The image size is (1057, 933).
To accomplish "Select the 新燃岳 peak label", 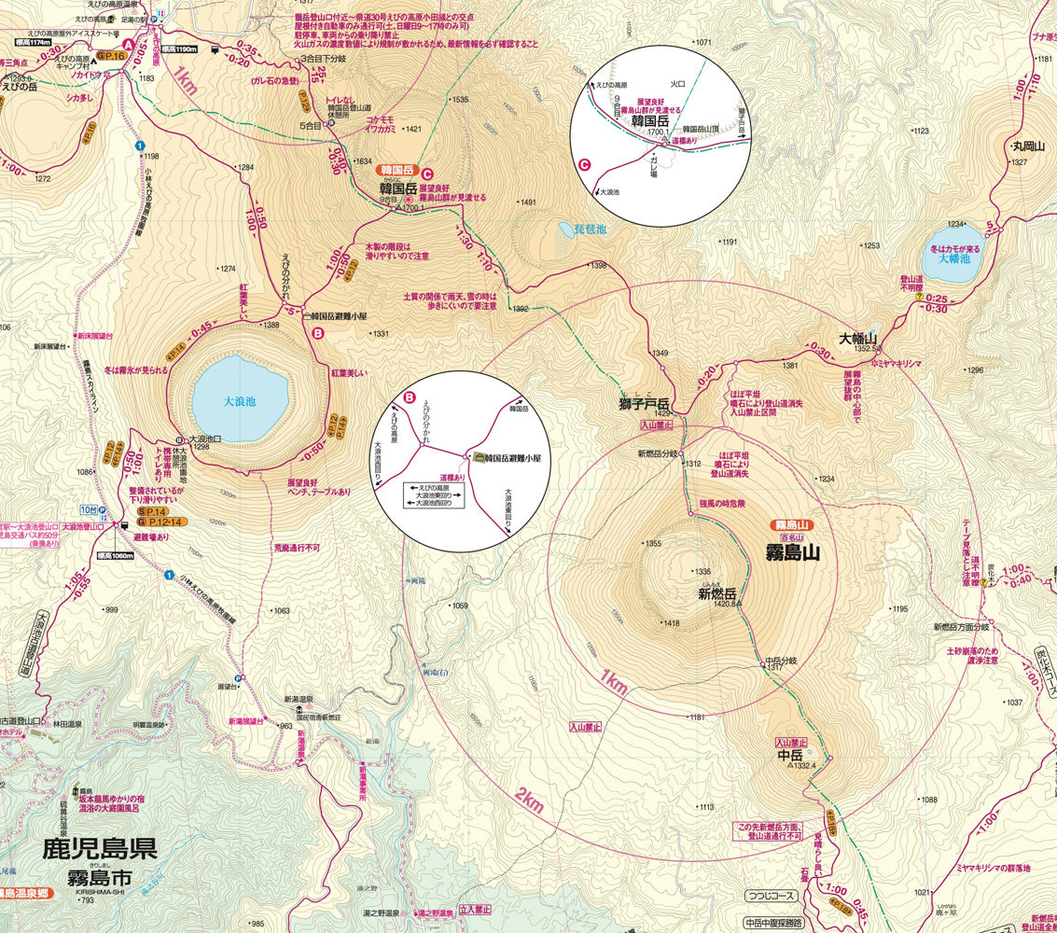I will click(x=717, y=593).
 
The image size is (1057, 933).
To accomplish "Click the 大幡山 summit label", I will click(x=858, y=339).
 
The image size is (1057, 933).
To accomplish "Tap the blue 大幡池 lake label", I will click(x=954, y=258).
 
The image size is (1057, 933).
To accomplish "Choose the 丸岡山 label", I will click(x=1027, y=146).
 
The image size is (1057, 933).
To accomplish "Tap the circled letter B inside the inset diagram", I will click(x=408, y=397).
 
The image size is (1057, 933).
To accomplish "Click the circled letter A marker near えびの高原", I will click(x=129, y=43).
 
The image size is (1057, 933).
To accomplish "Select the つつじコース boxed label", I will click(x=772, y=896).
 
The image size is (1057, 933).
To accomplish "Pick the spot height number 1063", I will click(x=281, y=611).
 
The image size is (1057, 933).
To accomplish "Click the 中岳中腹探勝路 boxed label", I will click(x=774, y=923).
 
